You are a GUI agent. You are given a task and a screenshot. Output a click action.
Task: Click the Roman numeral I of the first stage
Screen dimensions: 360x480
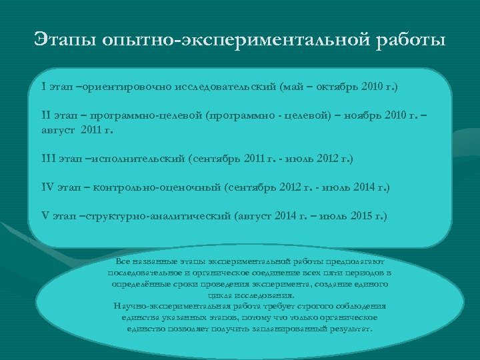(43, 87)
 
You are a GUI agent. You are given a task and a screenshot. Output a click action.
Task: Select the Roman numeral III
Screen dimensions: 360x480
(49, 159)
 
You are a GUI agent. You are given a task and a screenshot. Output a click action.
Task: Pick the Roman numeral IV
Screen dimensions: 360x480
(47, 188)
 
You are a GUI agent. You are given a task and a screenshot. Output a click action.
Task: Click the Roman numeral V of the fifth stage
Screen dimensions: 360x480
(45, 216)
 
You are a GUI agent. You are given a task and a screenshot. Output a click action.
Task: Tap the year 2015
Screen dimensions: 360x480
(361, 216)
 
